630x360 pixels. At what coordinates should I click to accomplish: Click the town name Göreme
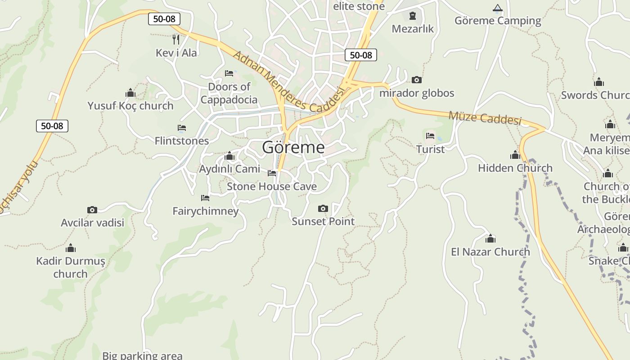pos(293,147)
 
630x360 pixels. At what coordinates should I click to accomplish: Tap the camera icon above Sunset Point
pos(323,208)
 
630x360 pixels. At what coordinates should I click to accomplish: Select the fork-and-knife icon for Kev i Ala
pos(176,40)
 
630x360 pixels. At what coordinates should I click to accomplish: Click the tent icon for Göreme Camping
pos(497,8)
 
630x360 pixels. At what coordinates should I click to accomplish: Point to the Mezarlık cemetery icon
pos(412,16)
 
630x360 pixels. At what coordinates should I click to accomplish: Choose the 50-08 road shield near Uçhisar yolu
pos(52,126)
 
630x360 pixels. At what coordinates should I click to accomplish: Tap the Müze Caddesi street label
pos(485,118)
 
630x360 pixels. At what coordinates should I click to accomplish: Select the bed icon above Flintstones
pos(182,128)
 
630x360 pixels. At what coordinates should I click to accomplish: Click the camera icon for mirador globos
pos(417,80)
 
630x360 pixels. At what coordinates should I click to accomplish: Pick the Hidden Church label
pos(515,168)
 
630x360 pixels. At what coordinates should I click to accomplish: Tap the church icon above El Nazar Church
pos(490,238)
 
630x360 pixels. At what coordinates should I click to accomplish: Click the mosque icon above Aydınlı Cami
pos(229,156)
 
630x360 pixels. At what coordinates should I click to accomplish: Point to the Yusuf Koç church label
pos(130,106)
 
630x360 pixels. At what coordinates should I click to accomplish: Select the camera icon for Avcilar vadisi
pos(92,210)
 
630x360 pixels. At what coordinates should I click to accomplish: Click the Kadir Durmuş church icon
pos(71,248)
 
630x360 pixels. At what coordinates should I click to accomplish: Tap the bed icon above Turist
pos(430,136)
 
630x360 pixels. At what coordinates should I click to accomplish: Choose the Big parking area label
pos(142,355)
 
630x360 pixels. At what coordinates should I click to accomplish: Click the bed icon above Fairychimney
pos(205,198)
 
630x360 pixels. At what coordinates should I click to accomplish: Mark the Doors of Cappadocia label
pos(229,93)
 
